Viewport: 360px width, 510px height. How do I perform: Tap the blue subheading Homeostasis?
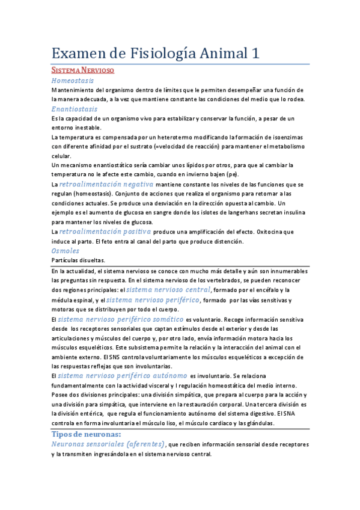72,80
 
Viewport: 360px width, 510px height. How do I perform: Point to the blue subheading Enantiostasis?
75,109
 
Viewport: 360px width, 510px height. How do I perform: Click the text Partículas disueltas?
78,260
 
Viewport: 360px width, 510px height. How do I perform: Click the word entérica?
85,414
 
